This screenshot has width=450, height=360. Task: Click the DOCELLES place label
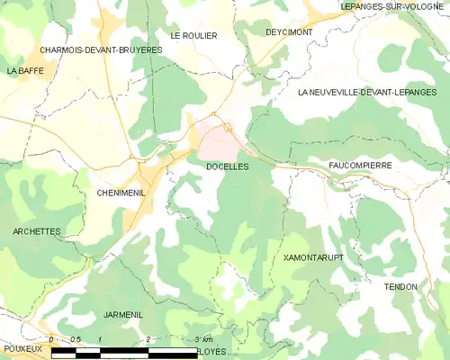227,166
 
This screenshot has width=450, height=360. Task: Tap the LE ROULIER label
193,36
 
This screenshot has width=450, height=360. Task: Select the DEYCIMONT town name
288,31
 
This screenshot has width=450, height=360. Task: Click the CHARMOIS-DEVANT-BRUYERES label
101,49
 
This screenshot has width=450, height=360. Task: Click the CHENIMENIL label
121,193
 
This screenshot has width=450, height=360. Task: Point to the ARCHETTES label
37,231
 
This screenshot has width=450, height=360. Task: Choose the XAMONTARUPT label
313,257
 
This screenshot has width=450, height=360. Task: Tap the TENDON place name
400,286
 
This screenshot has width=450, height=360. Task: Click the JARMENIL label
123,315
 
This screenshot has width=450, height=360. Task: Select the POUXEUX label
22,347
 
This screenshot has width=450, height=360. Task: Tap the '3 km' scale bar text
203,339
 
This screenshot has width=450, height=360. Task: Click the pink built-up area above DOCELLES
219,139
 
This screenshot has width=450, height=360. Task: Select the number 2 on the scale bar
147,339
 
